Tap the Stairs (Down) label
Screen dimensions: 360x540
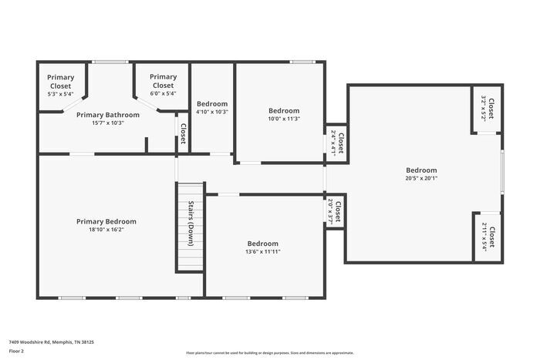point(191,223)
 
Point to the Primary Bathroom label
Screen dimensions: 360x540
point(108,115)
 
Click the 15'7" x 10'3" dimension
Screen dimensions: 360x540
point(108,123)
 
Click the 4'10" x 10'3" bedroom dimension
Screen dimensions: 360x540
point(212,112)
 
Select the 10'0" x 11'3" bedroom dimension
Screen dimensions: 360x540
point(284,119)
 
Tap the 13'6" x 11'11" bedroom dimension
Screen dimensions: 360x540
point(262,251)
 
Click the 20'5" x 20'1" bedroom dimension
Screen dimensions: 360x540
point(421,178)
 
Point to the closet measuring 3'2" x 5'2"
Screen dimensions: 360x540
point(488,109)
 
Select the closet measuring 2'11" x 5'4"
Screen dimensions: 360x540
point(488,237)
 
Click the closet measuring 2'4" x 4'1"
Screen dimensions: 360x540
point(337,143)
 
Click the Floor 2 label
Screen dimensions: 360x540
point(17,351)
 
